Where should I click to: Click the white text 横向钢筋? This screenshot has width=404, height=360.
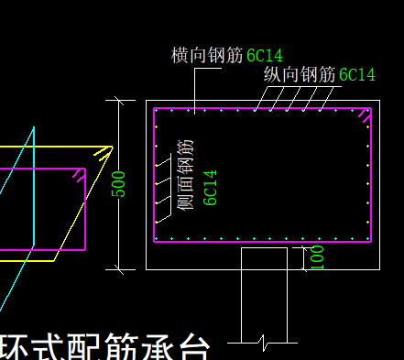click(207, 55)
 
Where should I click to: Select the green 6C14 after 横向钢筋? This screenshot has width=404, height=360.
click(265, 56)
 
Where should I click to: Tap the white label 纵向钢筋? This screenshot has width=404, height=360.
click(300, 75)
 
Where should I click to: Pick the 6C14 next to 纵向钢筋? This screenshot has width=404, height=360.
click(357, 75)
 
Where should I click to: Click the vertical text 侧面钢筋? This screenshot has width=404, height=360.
click(187, 174)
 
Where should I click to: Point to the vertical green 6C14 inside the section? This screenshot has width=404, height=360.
click(210, 187)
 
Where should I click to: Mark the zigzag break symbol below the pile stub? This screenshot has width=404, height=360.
click(263, 343)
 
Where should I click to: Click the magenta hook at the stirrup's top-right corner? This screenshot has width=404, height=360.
click(366, 115)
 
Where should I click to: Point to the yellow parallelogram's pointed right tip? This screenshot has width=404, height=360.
click(112, 147)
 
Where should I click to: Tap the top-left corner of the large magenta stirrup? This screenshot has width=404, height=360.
click(155, 109)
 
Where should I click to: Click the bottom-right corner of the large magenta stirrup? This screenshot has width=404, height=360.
click(371, 242)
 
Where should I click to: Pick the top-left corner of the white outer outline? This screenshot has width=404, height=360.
click(147, 100)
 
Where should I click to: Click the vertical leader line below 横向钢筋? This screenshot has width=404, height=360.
click(194, 87)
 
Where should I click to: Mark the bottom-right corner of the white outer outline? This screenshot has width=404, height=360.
click(378, 269)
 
